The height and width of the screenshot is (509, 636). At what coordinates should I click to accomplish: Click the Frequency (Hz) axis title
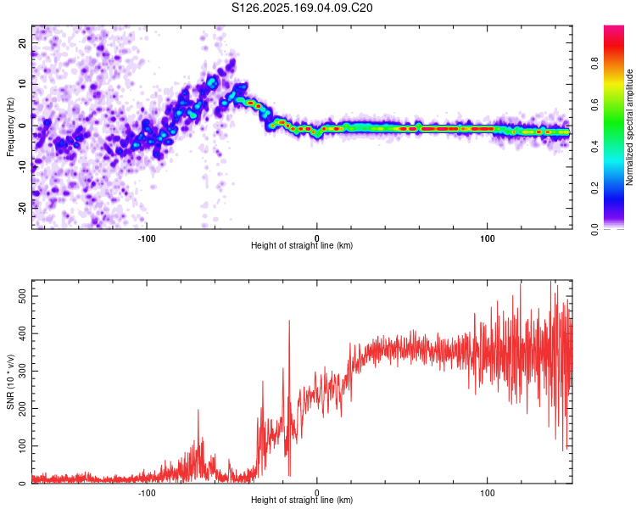pyautogui.click(x=10, y=127)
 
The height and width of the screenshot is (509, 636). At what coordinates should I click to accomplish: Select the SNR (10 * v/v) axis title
pyautogui.click(x=10, y=383)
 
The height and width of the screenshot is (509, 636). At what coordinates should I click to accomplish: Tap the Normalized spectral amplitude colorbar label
pyautogui.click(x=629, y=127)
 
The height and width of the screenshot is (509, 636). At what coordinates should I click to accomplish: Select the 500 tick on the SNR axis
pyautogui.click(x=20, y=293)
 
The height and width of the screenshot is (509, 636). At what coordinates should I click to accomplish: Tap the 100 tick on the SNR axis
pyautogui.click(x=20, y=445)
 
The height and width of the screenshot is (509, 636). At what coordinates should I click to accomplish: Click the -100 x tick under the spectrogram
pyautogui.click(x=146, y=238)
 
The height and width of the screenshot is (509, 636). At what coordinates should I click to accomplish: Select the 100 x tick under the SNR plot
pyautogui.click(x=488, y=492)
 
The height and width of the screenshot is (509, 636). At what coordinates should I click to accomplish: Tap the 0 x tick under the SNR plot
pyautogui.click(x=317, y=492)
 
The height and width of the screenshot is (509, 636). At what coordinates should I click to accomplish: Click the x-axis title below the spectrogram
pyautogui.click(x=302, y=246)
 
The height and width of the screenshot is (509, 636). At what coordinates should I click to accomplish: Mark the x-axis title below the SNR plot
pyautogui.click(x=302, y=501)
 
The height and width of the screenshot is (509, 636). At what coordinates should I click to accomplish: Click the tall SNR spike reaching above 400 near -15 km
pyautogui.click(x=289, y=322)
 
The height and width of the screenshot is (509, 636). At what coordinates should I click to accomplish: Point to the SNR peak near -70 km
pyautogui.click(x=198, y=411)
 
